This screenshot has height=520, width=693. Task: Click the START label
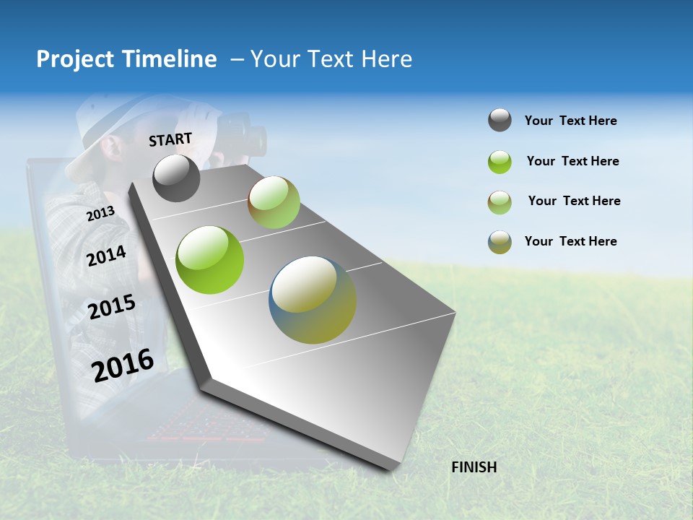(170, 139)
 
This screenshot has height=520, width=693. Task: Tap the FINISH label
(474, 467)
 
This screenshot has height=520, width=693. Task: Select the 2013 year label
(100, 213)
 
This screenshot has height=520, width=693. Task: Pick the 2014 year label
(106, 256)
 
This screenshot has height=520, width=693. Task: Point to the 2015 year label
(112, 306)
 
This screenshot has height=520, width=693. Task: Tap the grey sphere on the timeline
(177, 178)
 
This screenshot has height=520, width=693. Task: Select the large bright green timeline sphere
(210, 260)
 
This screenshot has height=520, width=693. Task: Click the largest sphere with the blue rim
(313, 300)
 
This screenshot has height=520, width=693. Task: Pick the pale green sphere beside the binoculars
(274, 202)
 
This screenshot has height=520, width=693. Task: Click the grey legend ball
(500, 120)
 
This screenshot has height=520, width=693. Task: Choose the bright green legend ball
(500, 162)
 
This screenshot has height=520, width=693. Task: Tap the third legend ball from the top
(500, 201)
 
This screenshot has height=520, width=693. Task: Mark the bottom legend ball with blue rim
(500, 242)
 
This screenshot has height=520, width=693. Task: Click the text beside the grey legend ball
(570, 121)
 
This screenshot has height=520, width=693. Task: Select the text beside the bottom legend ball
(570, 241)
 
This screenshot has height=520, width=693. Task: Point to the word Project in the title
(74, 59)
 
